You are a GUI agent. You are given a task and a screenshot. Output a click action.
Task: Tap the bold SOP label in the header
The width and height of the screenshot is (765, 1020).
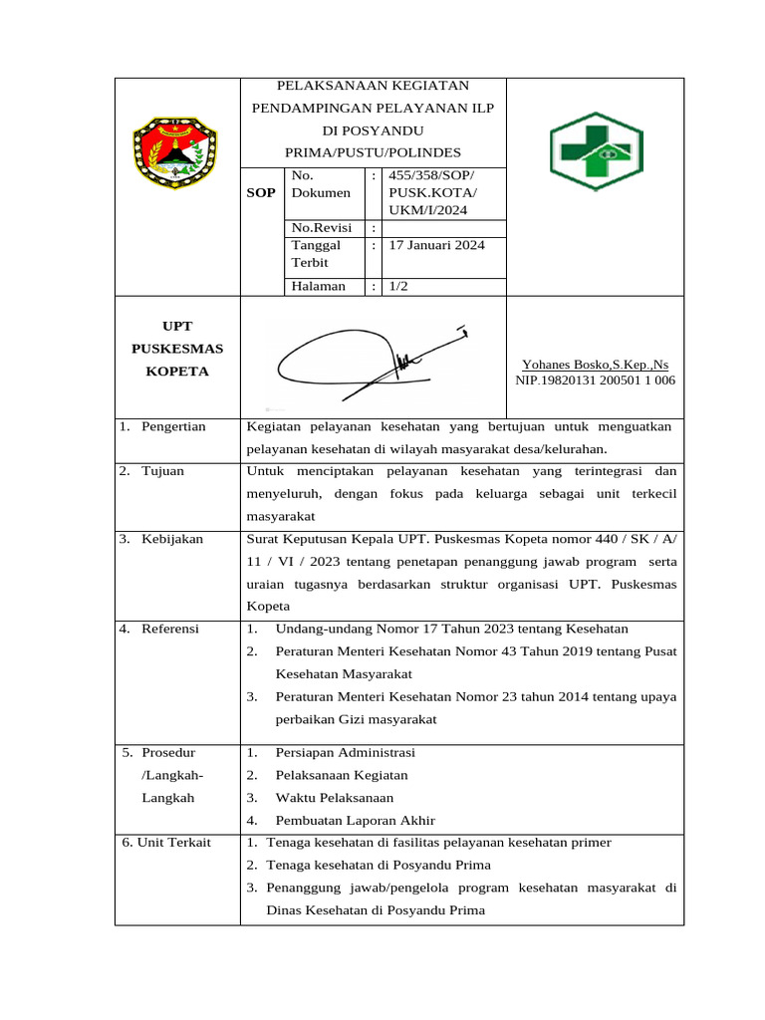click(x=261, y=192)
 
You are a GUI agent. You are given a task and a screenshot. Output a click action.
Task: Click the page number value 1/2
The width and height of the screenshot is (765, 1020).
click(x=398, y=286)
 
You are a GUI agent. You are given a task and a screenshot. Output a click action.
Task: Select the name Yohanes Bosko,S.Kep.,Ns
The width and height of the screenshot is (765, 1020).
click(x=595, y=365)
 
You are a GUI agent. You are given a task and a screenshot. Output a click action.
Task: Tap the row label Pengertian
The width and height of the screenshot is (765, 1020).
click(x=172, y=426)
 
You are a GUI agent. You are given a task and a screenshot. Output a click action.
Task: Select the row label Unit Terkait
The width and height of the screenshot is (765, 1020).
click(x=166, y=843)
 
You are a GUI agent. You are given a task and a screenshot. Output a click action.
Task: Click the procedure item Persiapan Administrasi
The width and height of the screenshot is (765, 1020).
click(x=345, y=752)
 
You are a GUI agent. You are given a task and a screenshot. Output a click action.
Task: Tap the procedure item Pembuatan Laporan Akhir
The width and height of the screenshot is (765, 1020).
click(x=356, y=821)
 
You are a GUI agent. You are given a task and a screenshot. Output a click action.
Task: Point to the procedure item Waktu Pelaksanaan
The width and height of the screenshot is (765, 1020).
click(x=334, y=798)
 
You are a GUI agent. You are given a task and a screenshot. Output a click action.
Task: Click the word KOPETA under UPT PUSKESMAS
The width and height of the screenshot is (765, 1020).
click(x=176, y=372)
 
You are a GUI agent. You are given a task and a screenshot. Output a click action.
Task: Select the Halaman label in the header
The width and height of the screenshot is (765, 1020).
click(x=318, y=286)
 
